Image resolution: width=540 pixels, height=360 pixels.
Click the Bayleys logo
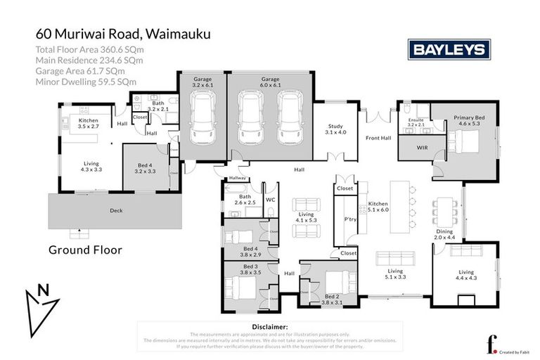tap(449, 49)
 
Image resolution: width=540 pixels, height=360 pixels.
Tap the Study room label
tap(335, 129)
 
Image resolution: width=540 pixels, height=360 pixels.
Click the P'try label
tap(350, 219)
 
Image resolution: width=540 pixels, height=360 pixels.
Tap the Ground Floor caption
tap(85, 250)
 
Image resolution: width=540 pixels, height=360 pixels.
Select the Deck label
tap(115, 210)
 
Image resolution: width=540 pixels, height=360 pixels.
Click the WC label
tap(270, 200)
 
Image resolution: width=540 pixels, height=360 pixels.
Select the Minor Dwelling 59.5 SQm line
tap(86, 82)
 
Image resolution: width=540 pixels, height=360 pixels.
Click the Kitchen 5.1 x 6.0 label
tap(378, 207)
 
